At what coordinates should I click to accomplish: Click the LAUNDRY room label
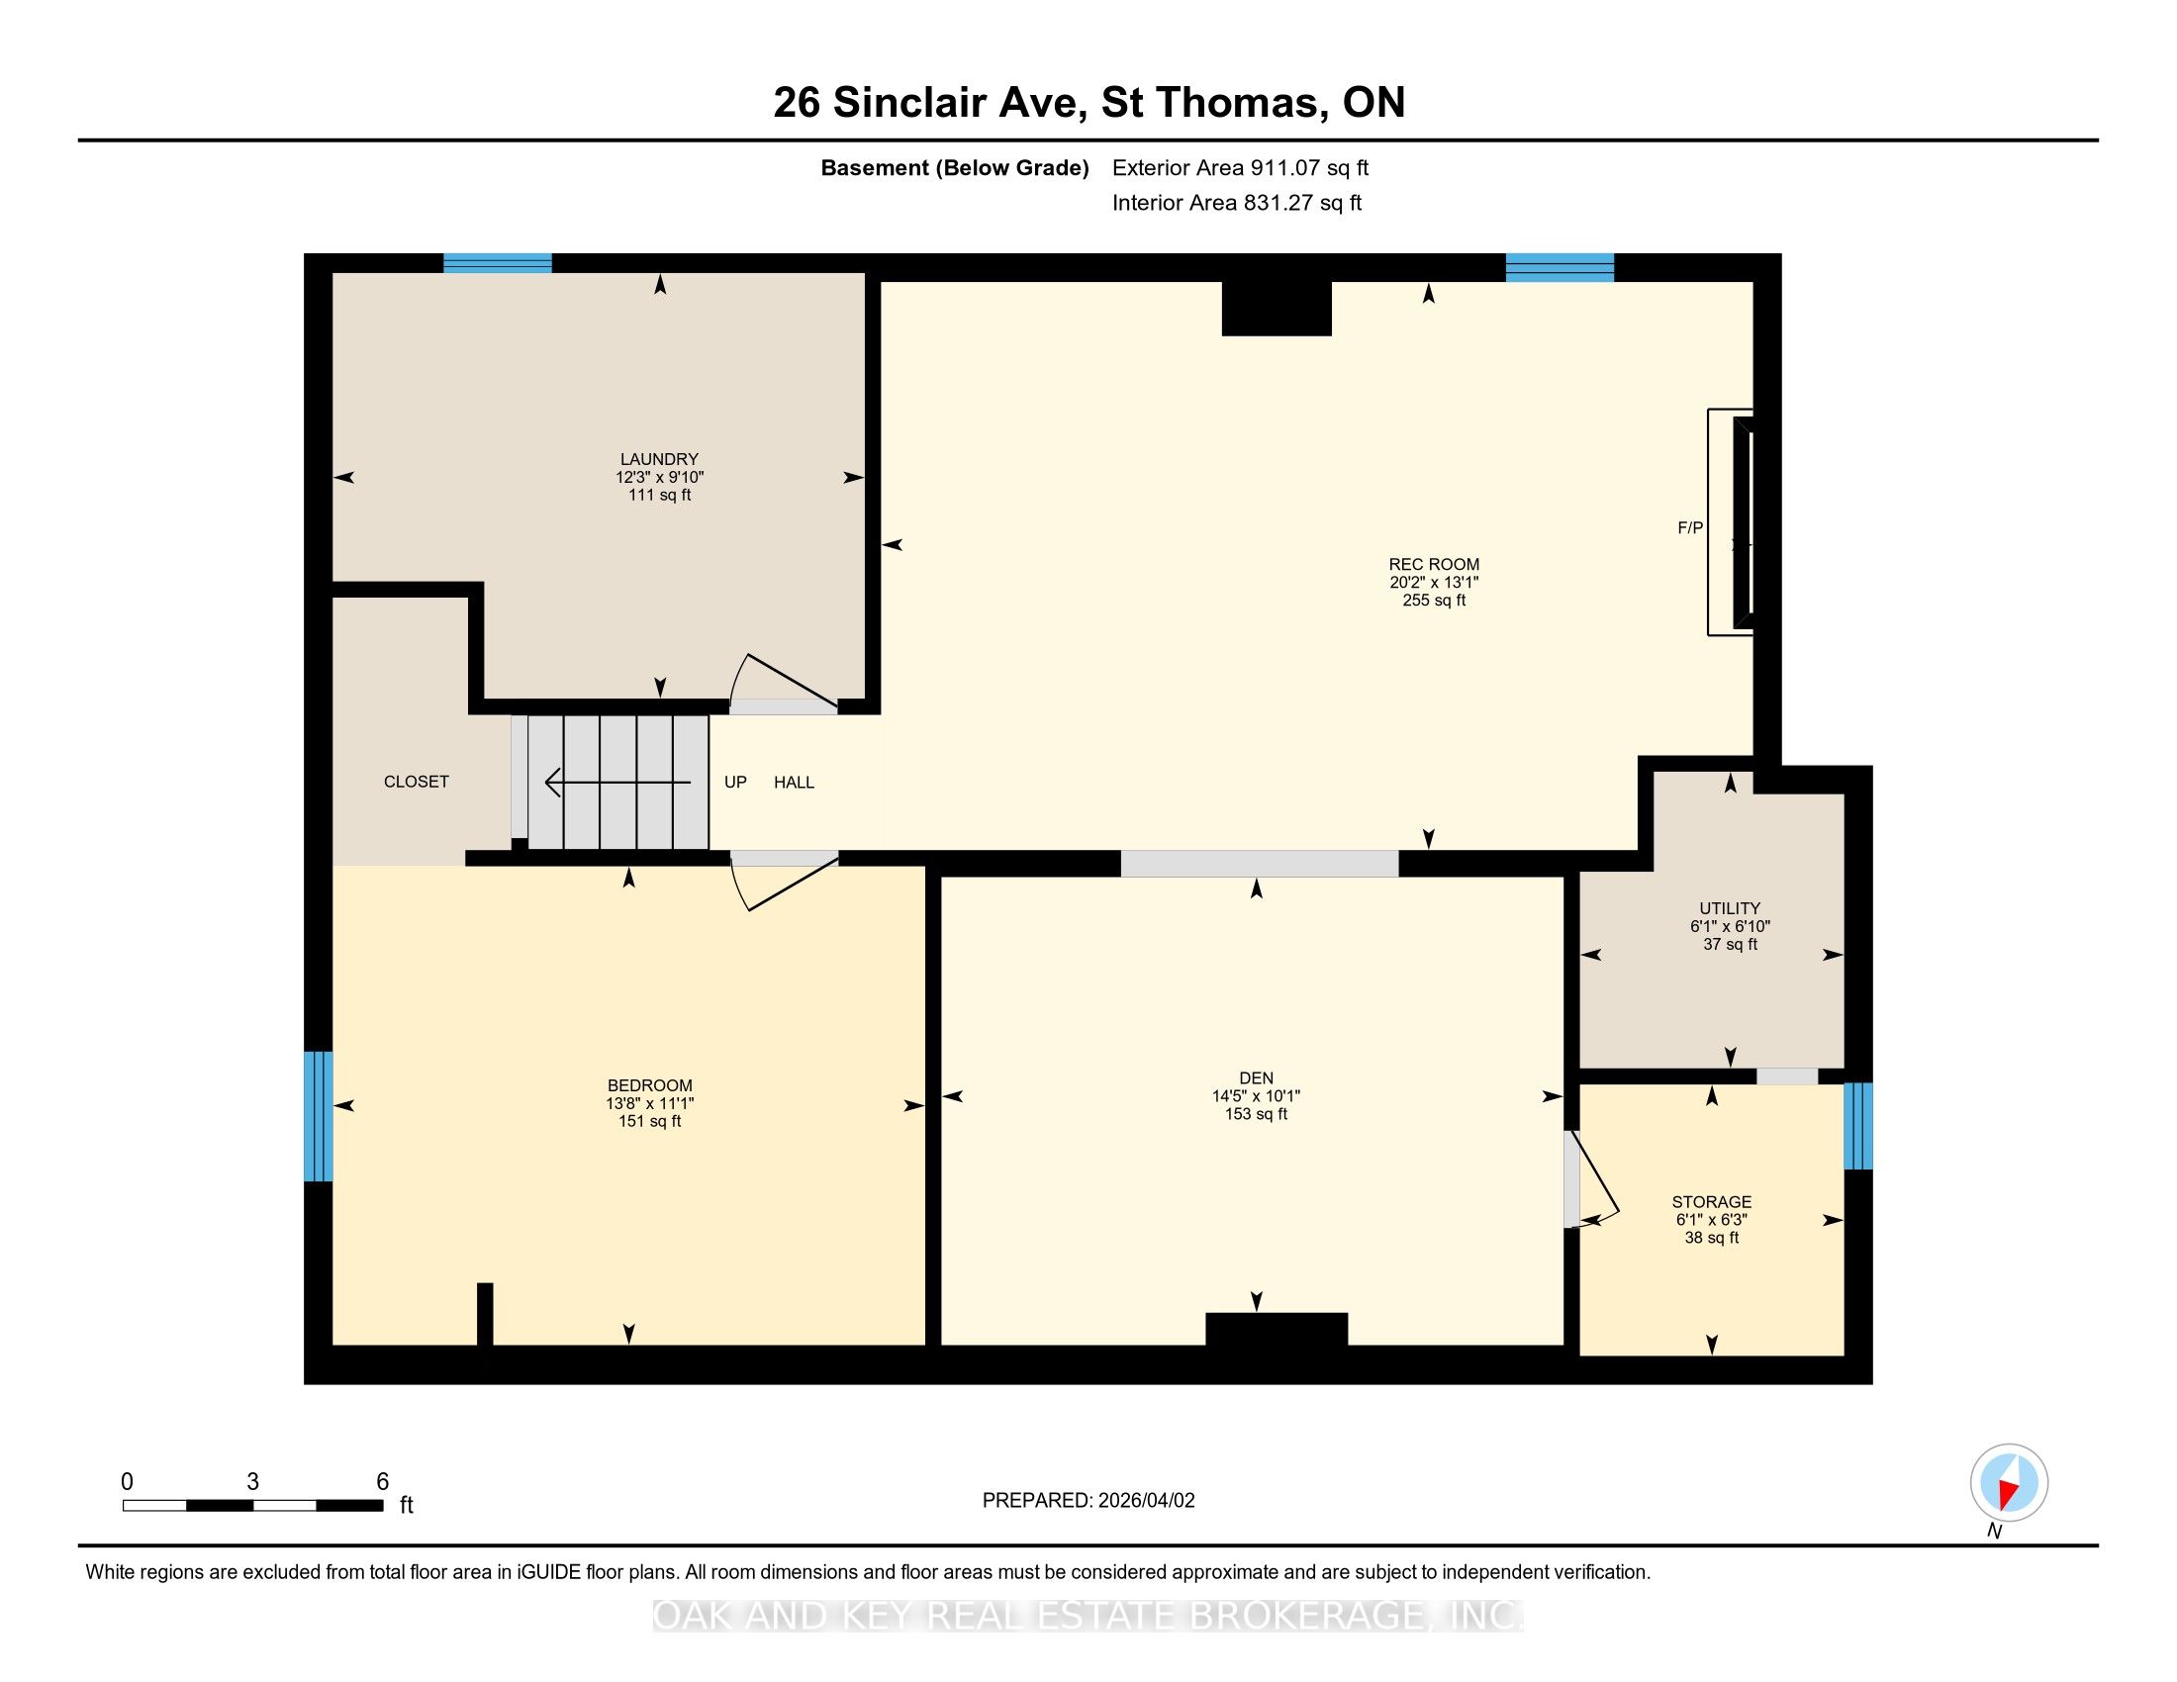click(x=659, y=459)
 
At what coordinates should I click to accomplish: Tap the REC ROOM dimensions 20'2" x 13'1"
click(x=1435, y=582)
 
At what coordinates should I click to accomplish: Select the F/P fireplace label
click(x=1690, y=528)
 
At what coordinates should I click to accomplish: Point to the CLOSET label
click(x=417, y=783)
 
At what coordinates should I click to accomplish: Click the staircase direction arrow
click(x=618, y=783)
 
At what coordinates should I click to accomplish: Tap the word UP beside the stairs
click(x=735, y=783)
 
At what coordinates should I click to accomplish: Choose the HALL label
click(x=795, y=783)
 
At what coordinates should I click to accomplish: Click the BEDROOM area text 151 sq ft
click(x=650, y=1121)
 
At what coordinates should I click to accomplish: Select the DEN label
click(x=1256, y=1078)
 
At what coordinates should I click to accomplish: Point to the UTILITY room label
click(x=1730, y=908)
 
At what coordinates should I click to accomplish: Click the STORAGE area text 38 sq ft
click(x=1712, y=1238)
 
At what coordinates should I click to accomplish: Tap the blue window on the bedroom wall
click(x=318, y=1116)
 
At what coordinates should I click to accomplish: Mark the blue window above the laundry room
click(x=498, y=264)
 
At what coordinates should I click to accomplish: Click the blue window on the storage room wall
click(x=1858, y=1126)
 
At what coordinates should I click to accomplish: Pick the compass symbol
click(x=2009, y=1483)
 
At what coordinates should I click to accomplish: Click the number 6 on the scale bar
click(x=383, y=1482)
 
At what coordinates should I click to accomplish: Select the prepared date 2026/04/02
click(x=1144, y=1501)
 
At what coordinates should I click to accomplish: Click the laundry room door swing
click(x=784, y=681)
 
